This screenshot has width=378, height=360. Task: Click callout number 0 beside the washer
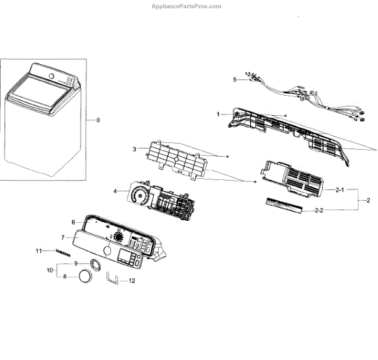point(98,120)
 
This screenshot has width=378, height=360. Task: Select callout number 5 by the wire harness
point(234,80)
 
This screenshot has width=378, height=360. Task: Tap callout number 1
point(218,114)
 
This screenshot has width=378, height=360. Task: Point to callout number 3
point(134,149)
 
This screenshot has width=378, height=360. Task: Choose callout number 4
point(115,191)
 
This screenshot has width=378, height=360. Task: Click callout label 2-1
point(339,189)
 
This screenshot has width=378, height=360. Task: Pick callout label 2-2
point(339,211)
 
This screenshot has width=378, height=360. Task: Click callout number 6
point(74,222)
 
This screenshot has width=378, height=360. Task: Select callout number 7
point(63,237)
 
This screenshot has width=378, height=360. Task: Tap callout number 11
point(38,251)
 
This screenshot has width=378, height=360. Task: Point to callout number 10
point(50,269)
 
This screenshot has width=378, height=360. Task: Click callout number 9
point(76,263)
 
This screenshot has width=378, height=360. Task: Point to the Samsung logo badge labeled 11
point(60,252)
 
